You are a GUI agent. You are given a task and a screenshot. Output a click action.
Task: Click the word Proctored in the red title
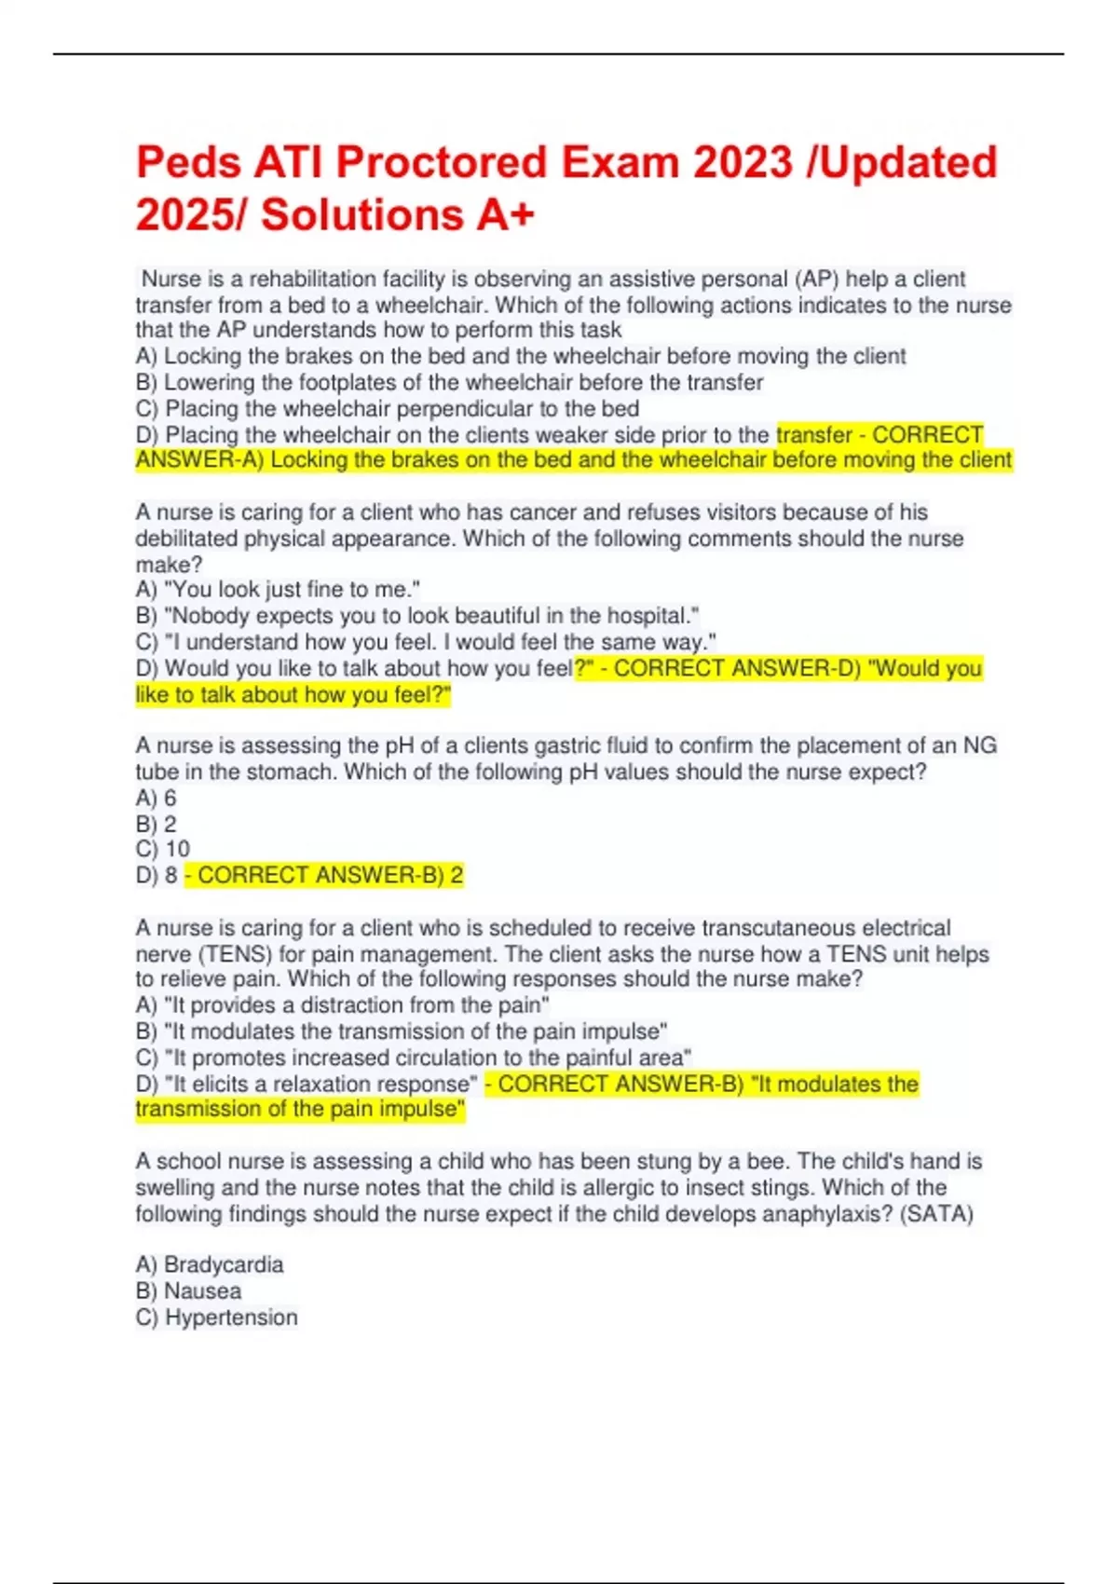point(441,162)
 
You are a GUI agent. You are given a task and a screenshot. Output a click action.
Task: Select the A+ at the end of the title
point(506,214)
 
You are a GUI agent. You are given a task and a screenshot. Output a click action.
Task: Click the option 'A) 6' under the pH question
point(156,798)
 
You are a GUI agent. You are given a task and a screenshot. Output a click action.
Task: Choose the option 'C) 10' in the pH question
point(162,849)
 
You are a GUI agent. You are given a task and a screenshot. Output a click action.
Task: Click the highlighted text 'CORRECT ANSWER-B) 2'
point(324,875)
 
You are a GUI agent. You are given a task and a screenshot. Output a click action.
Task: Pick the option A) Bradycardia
point(209,1264)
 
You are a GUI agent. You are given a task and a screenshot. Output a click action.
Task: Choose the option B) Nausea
point(188,1290)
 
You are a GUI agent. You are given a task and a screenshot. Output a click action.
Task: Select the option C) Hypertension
point(216,1317)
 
